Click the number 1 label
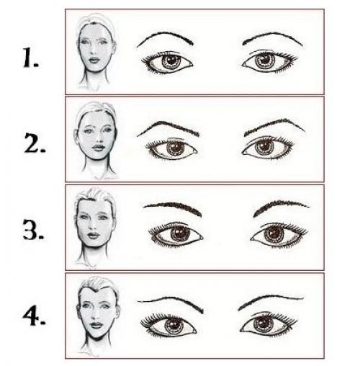pos(30,58)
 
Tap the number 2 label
pos(35,143)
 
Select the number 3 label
pos(33,229)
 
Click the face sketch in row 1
pos(96,52)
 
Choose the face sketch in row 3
pos(95,228)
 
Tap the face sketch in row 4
pos(98,316)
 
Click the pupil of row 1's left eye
pos(171,60)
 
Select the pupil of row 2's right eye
pos(264,146)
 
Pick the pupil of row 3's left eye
pos(180,232)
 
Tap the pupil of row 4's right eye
pos(264,322)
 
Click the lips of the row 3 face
pos(94,235)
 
